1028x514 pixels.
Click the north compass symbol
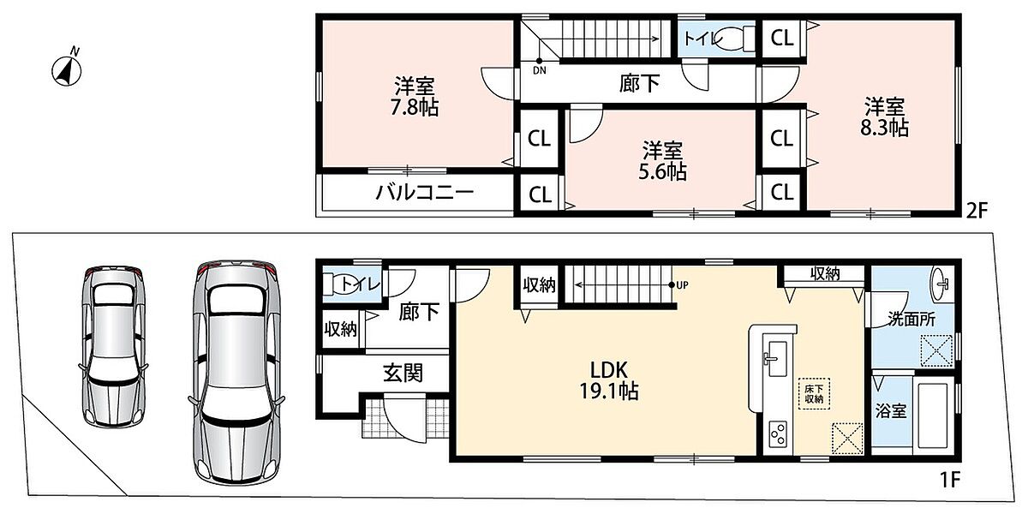67,68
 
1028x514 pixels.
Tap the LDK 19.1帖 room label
609,380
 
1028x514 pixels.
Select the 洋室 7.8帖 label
415,96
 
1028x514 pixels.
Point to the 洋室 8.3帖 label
884,117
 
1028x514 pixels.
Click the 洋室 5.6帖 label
663,160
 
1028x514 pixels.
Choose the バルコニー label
425,192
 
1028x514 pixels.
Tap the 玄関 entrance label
403,374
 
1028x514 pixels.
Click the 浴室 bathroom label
891,410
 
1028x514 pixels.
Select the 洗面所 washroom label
911,319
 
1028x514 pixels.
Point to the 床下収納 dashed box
814,393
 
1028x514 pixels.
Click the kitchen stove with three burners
779,433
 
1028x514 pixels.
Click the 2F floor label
976,211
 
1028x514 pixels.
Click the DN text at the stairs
540,70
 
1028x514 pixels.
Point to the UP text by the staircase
683,285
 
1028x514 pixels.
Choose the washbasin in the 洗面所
941,284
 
